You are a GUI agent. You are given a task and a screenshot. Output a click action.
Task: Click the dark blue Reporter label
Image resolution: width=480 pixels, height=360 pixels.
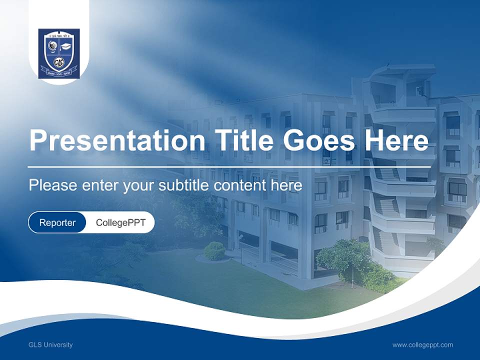[57, 222]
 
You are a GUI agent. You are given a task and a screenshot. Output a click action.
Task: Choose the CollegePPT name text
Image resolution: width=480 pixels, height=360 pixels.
[120, 222]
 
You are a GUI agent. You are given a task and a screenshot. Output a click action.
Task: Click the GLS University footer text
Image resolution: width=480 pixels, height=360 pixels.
[50, 344]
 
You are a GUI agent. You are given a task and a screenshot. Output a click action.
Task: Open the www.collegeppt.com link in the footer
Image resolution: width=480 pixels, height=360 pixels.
[422, 344]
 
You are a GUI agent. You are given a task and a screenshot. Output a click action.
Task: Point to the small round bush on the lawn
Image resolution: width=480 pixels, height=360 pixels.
[214, 251]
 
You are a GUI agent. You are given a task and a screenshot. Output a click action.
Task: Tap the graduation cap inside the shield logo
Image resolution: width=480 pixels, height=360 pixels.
[66, 46]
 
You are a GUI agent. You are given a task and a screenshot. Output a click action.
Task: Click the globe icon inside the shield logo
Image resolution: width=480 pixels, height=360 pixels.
[52, 46]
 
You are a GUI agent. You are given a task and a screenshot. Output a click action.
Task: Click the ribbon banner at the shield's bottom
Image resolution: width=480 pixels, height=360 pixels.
[59, 72]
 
